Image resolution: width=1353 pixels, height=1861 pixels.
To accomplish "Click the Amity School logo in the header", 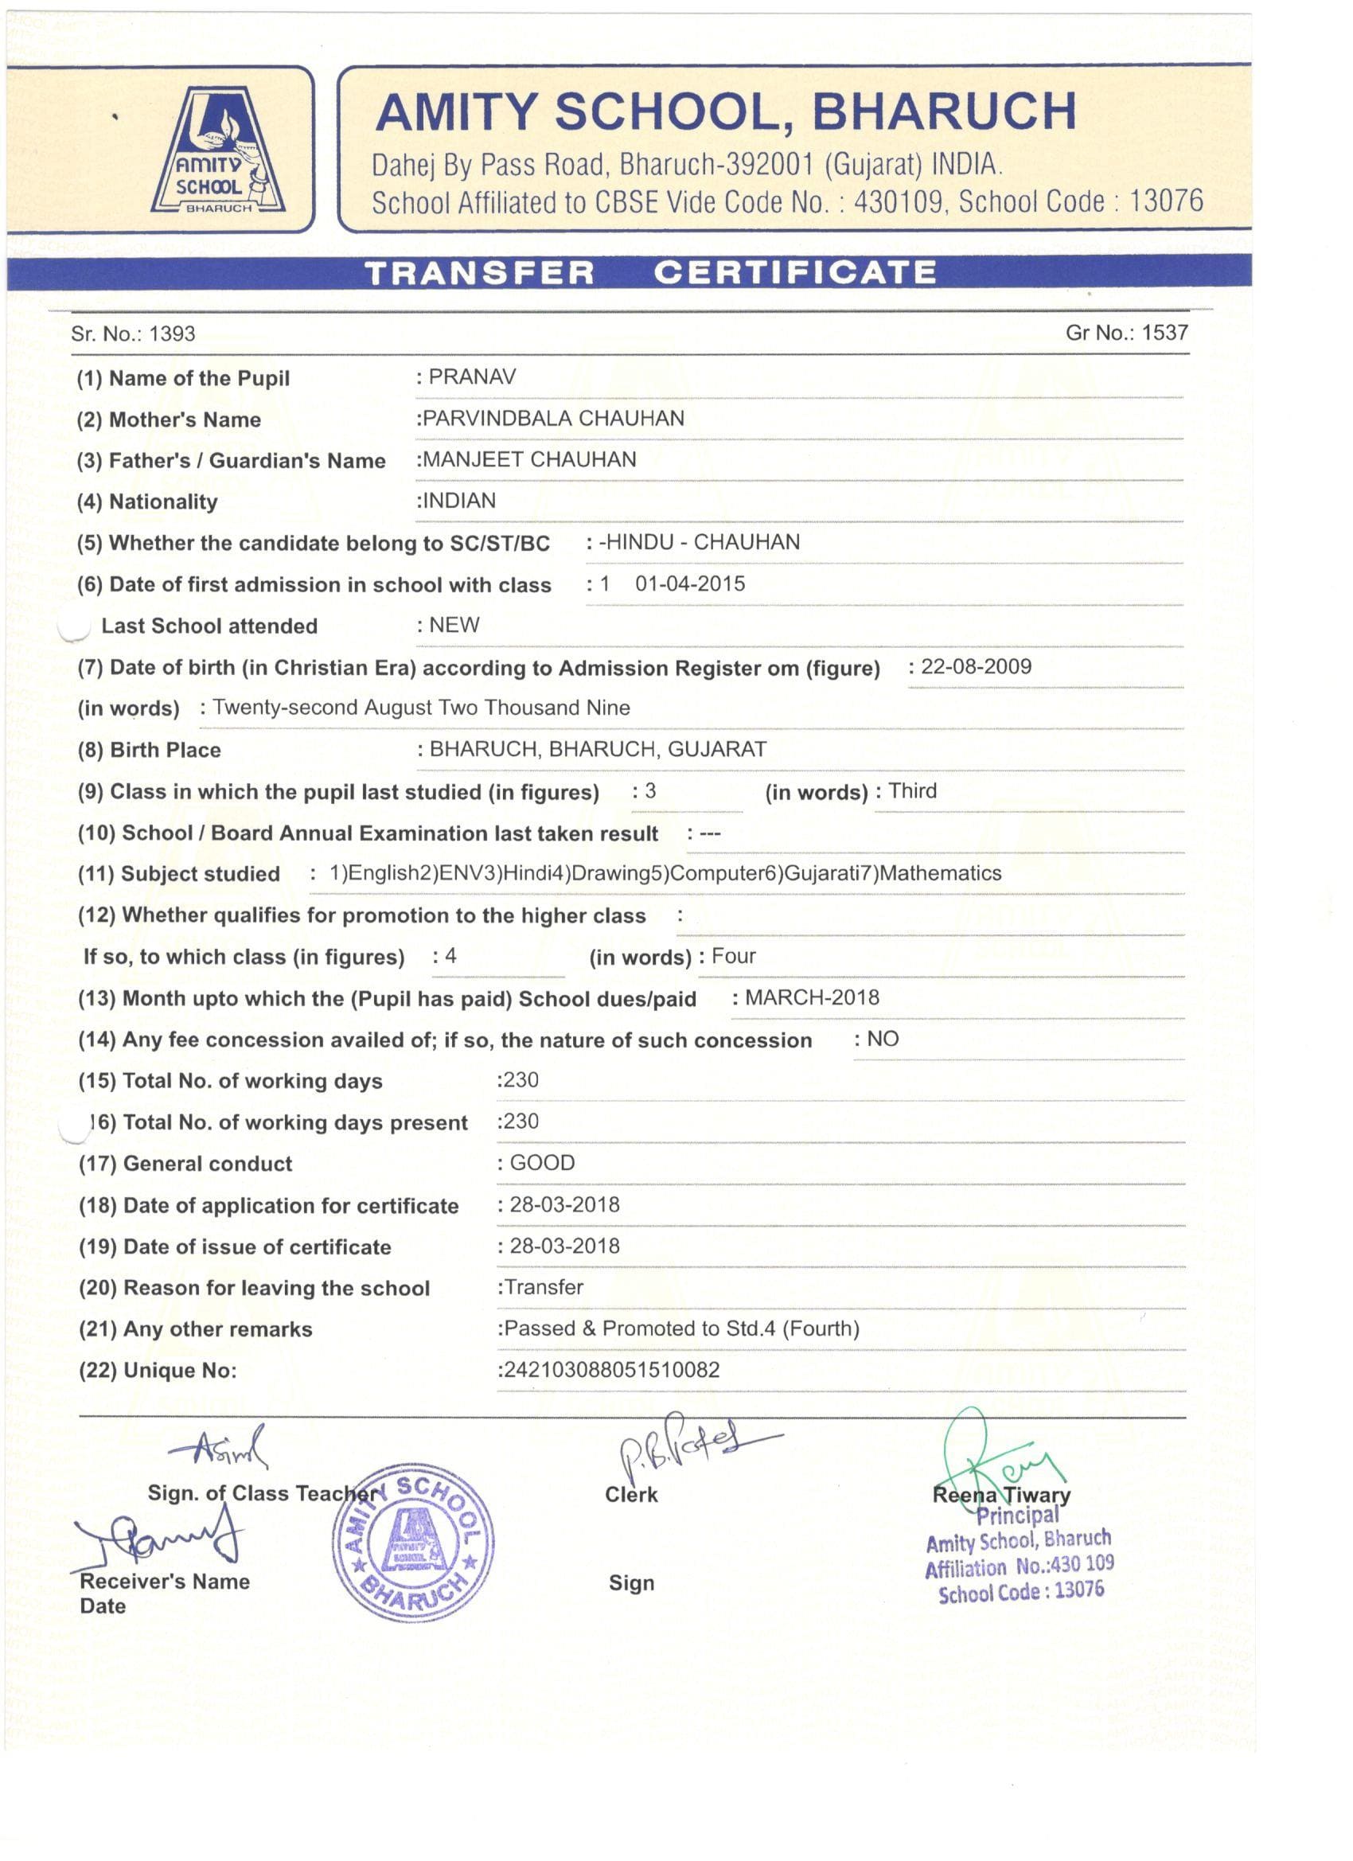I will point(218,152).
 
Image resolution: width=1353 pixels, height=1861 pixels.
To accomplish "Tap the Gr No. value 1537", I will point(1164,333).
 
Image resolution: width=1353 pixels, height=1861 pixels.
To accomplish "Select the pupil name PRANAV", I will point(473,376).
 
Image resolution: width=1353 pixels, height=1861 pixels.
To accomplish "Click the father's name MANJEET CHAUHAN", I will point(529,459).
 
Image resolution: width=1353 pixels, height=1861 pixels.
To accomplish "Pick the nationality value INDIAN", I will point(458,501).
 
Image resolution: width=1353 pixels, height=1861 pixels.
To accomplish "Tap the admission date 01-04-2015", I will point(690,583).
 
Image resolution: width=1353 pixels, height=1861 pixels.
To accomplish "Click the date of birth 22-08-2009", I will point(976,666).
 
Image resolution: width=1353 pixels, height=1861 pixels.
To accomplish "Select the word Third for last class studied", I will point(912,791).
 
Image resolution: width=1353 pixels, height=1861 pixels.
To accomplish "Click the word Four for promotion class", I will point(734,956).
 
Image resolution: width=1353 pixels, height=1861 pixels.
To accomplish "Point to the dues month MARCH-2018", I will point(812,998).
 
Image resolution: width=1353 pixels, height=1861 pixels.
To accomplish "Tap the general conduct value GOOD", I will point(542,1163).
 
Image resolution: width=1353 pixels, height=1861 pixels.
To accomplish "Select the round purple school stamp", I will point(413,1543).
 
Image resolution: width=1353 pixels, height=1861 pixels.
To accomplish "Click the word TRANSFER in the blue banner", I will point(479,273).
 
